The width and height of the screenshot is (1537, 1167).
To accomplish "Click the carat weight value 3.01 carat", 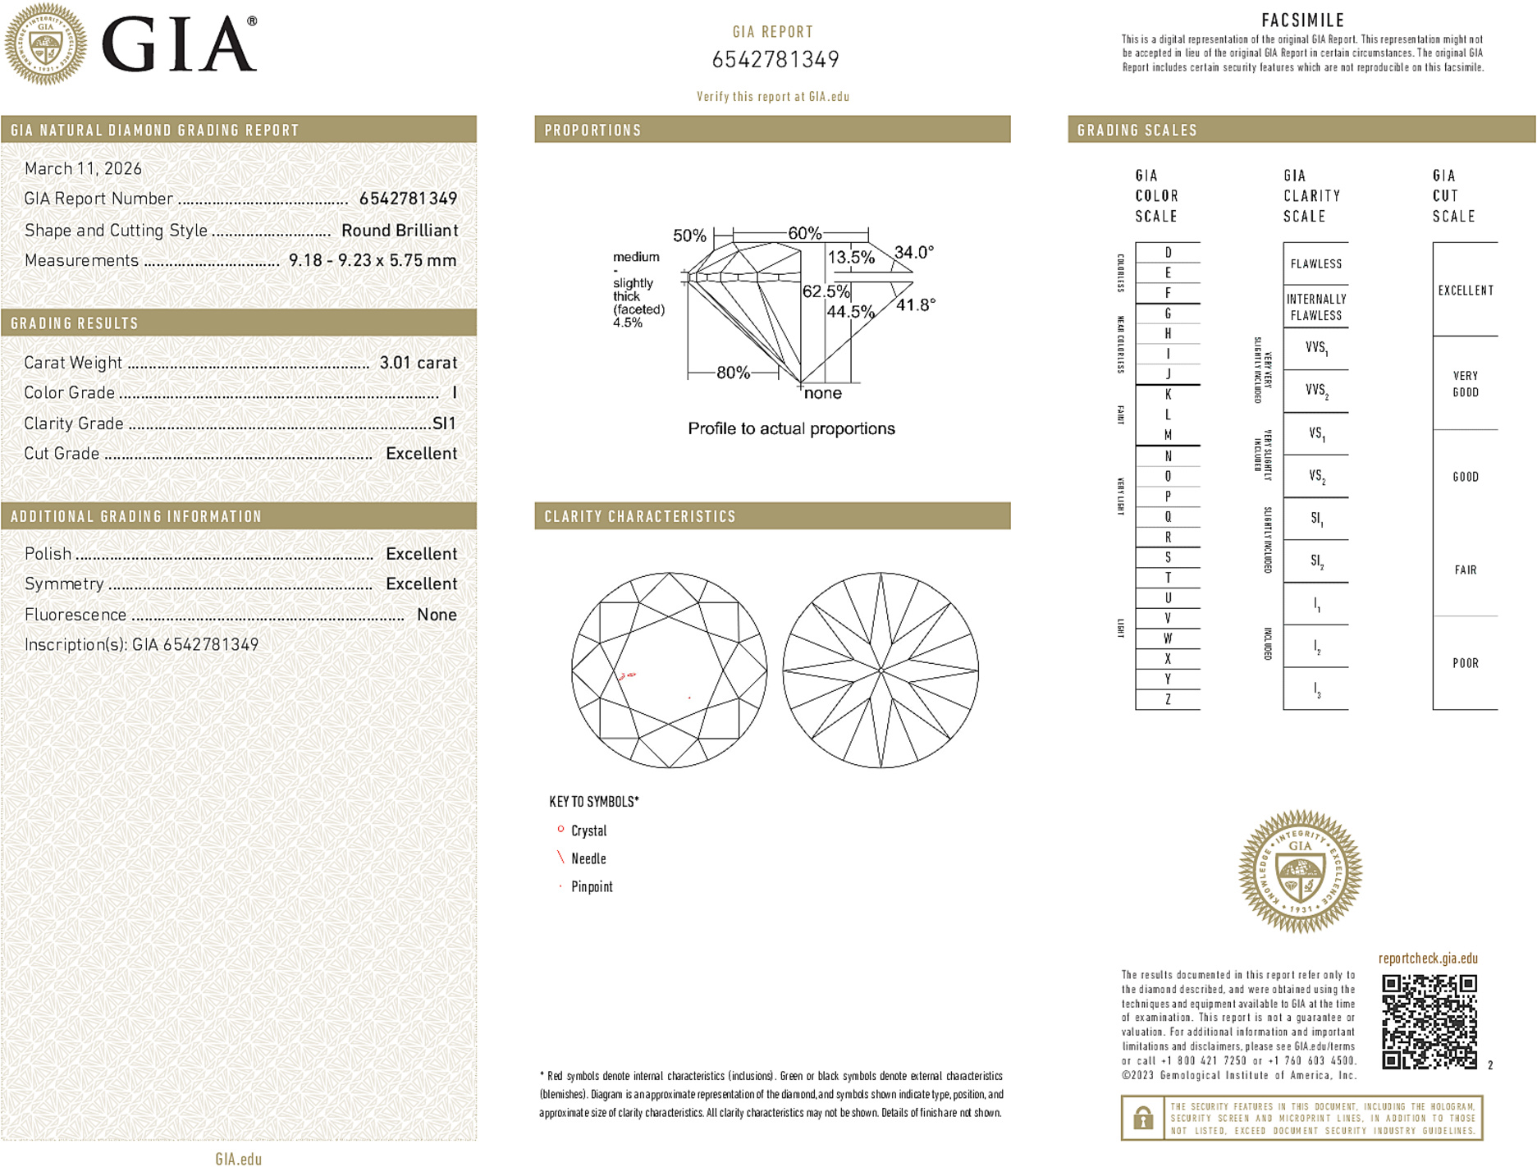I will tap(418, 363).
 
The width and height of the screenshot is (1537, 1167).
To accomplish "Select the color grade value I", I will tap(454, 393).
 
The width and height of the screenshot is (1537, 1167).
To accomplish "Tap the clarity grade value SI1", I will tap(443, 423).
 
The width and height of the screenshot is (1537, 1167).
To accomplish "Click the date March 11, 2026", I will tap(83, 168).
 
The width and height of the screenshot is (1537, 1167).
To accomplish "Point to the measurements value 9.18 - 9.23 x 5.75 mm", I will tap(372, 260).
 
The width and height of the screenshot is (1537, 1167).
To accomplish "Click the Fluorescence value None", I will tap(436, 615).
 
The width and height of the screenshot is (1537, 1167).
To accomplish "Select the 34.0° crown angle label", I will tap(913, 252).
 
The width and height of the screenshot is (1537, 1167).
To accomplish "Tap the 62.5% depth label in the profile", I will tap(826, 291).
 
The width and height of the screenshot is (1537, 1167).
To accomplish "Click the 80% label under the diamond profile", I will tap(732, 373).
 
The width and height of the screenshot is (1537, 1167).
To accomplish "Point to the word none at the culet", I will tap(822, 393).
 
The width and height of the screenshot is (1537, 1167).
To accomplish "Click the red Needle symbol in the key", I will tap(561, 858).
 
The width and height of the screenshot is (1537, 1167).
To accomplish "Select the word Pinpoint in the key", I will tap(592, 886).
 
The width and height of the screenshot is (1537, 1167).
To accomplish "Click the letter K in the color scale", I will tap(1168, 395).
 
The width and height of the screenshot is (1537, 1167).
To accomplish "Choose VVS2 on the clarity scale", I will tap(1316, 391).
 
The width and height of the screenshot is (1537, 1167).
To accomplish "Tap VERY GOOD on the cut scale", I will tap(1465, 383).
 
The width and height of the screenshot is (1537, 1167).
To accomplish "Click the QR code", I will tap(1429, 1021).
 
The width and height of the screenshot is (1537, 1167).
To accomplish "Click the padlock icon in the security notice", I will tap(1142, 1118).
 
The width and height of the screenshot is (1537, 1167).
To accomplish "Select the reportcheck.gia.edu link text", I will tap(1427, 958).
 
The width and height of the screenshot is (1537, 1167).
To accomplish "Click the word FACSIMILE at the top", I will tap(1302, 21).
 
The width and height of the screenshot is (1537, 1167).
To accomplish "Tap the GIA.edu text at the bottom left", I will tap(238, 1159).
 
